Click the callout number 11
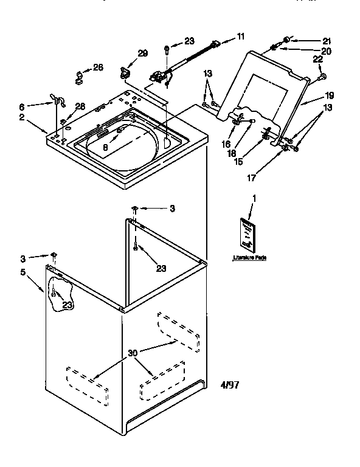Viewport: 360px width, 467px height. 241,36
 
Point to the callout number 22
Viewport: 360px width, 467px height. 317,59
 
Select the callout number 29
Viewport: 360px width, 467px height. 142,54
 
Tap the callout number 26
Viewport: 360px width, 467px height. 97,67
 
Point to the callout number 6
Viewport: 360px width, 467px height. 40,105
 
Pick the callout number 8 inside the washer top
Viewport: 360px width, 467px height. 106,146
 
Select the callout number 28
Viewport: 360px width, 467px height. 80,106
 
